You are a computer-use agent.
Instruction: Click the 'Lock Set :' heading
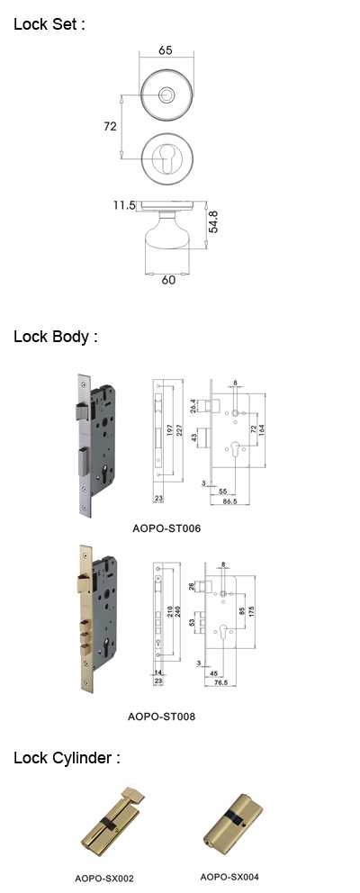click(49, 24)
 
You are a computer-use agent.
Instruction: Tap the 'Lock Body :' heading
click(56, 337)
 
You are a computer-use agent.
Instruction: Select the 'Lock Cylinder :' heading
click(67, 758)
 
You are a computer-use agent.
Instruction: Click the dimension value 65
click(166, 50)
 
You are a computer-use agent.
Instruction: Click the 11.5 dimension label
click(123, 205)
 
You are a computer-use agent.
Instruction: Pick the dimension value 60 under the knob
click(168, 280)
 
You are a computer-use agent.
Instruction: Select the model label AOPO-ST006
click(166, 528)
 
